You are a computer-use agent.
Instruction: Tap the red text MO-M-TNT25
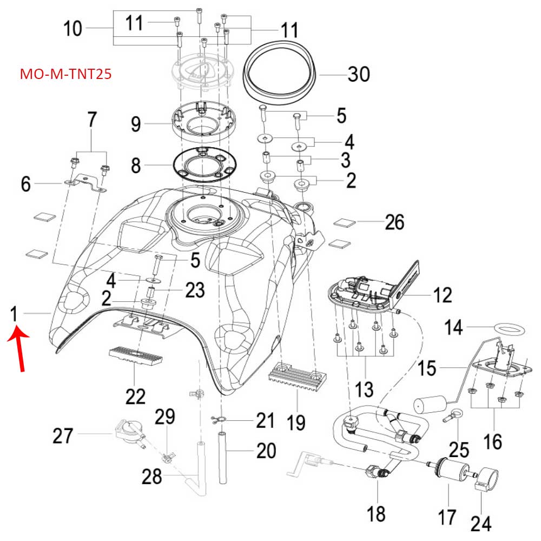pos(65,74)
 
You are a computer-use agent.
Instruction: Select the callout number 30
pos(358,74)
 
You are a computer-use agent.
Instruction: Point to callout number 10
pos(73,28)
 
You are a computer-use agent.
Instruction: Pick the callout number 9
pos(136,124)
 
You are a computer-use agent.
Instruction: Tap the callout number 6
pos(26,184)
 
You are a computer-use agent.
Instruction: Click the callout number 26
pos(394,221)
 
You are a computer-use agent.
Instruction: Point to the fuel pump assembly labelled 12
pos(368,292)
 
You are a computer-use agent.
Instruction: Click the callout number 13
pos(364,388)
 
